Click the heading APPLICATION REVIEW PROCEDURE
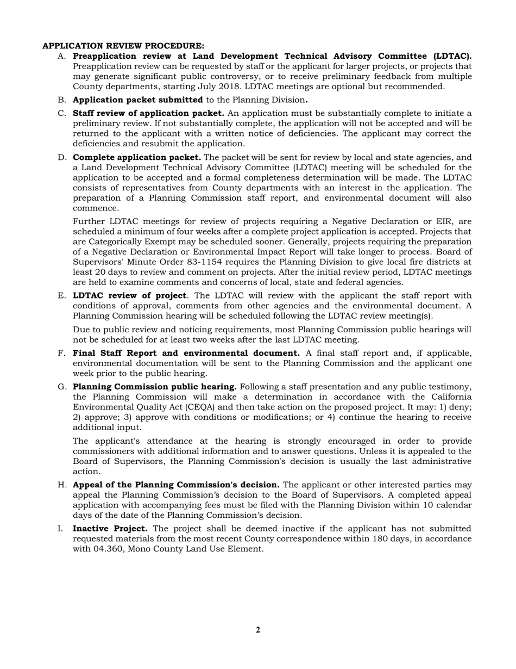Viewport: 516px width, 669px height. [x=123, y=46]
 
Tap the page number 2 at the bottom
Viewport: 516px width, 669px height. [x=257, y=630]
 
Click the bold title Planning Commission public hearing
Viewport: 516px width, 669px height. [x=155, y=387]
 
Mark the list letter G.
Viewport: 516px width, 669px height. [x=61, y=387]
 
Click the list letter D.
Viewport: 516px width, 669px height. [x=61, y=157]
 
